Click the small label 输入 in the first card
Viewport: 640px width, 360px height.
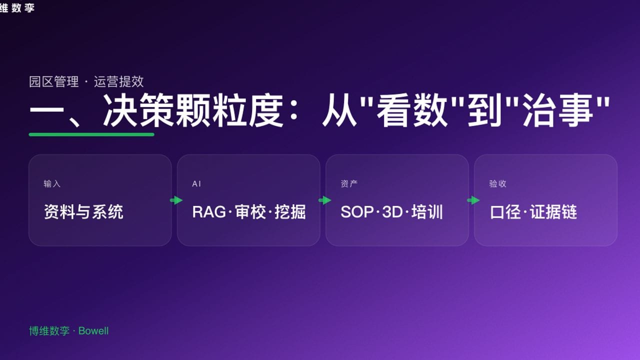52,184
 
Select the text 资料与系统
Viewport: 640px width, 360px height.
83,212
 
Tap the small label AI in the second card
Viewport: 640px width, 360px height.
196,184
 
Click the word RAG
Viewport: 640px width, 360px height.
209,212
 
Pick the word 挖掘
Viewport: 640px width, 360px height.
290,212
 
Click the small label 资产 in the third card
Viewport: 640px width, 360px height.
349,184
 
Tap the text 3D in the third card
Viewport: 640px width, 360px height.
392,212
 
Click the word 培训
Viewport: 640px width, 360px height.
427,212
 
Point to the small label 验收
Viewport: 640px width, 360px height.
498,184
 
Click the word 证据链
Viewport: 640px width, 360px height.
554,212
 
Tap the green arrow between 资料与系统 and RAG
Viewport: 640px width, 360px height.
176,200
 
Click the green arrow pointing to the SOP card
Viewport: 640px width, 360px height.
324,200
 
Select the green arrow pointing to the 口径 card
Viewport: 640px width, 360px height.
473,200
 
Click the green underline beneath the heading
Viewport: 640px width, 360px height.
91,134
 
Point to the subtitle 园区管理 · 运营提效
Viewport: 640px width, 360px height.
86,81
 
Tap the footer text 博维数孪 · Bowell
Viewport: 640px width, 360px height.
68,331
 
